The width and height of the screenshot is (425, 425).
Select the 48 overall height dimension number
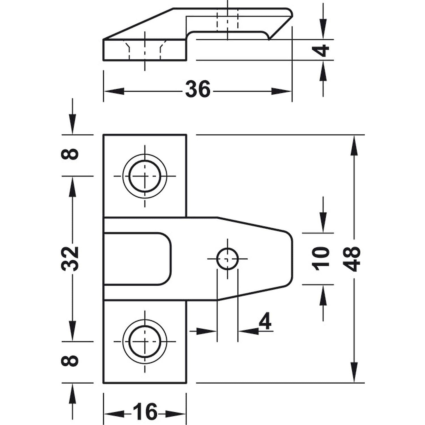352,259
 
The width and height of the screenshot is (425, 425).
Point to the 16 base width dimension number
144,411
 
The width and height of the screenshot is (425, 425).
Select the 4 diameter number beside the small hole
265,322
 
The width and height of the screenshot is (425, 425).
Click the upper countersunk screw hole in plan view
145,176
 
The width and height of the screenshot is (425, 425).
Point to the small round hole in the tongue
227,259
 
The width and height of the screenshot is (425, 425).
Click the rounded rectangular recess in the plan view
137,258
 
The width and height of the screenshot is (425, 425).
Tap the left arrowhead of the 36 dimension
113,91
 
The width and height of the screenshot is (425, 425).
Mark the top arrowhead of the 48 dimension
354,146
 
